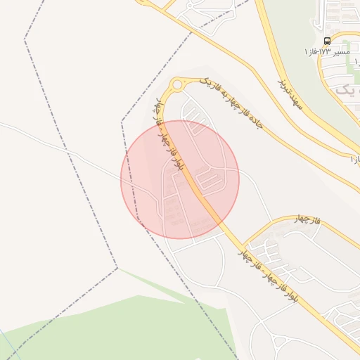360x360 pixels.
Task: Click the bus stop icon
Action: coord(328,41)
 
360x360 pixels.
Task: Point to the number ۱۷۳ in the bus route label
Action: coord(326,53)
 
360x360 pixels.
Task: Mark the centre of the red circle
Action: coord(180,179)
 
